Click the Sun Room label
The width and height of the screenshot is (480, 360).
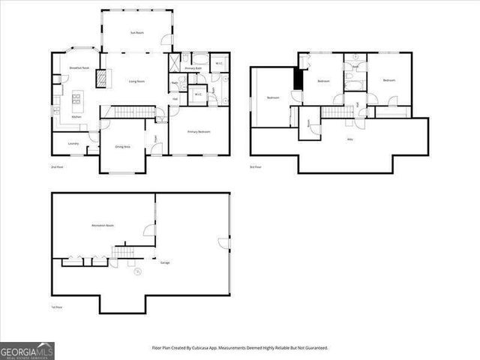(137, 32)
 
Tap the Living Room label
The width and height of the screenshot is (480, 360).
(136, 81)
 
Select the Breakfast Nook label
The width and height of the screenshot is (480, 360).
(79, 68)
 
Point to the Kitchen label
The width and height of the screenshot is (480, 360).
(76, 117)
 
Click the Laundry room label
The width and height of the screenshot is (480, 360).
(73, 142)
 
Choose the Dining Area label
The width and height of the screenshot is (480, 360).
(122, 147)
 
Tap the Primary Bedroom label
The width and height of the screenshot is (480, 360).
(199, 132)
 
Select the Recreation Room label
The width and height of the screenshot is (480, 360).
(103, 225)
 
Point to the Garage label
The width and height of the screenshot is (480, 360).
(165, 262)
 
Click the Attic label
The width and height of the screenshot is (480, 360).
(349, 139)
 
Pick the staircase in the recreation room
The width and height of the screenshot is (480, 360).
(122, 250)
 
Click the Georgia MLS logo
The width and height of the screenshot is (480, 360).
(27, 350)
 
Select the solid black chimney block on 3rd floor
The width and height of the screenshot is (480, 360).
(298, 79)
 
